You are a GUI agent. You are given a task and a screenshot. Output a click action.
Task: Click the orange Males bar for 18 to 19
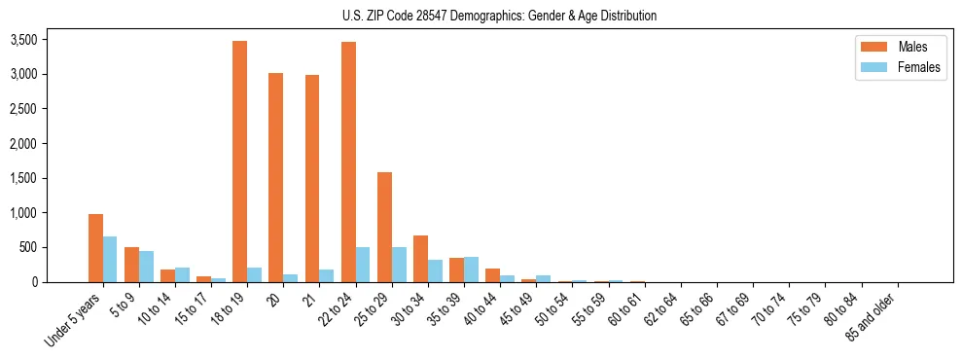coord(239,162)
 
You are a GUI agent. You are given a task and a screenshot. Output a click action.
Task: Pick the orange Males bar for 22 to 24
coord(348,162)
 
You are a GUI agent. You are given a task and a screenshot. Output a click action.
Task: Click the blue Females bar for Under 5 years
coord(110,259)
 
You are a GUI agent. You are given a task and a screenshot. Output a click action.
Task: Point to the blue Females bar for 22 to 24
coord(363,265)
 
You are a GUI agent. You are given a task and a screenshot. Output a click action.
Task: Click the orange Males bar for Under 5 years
coord(95,248)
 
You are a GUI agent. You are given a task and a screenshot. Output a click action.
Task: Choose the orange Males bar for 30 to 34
coord(420,259)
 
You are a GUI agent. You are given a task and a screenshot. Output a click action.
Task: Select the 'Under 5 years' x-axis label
coord(74,320)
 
